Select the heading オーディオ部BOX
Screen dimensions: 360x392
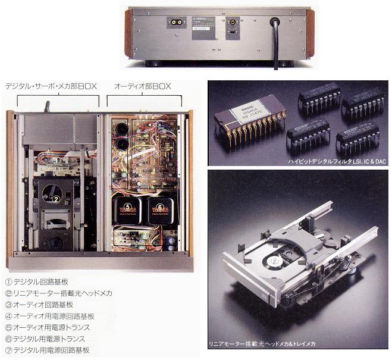[143, 87]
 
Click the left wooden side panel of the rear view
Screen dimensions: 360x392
[128, 32]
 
